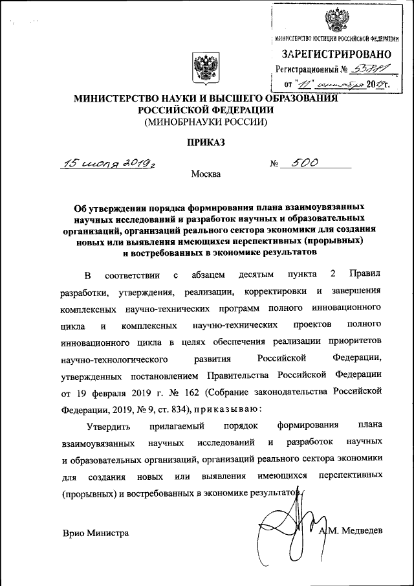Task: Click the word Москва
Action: tap(206, 174)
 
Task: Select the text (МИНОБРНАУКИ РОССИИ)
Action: tap(206, 121)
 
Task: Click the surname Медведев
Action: tap(358, 531)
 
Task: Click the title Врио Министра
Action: tap(96, 533)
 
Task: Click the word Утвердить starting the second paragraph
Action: tap(108, 426)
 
